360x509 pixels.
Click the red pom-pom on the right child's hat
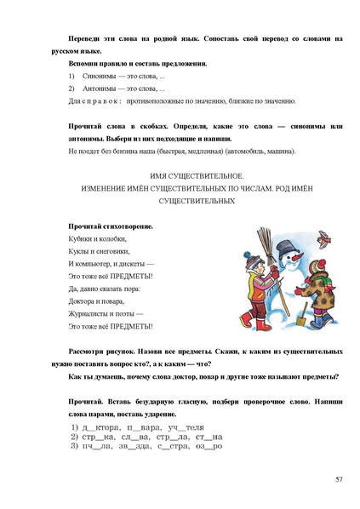[323, 254]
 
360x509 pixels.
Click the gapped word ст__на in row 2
[209, 434]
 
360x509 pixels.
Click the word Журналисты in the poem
[89, 313]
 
